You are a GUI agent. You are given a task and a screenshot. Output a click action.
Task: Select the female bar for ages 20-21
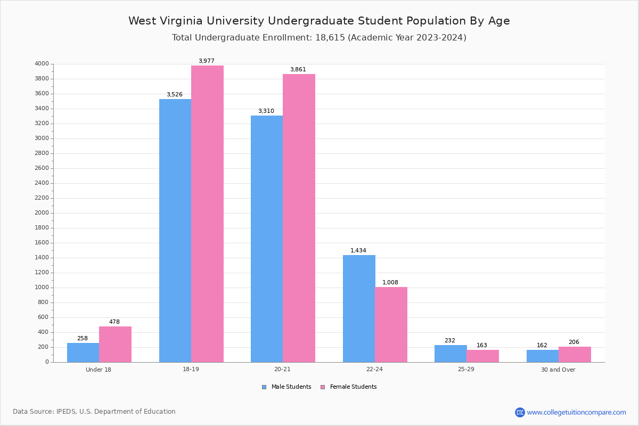(x=299, y=218)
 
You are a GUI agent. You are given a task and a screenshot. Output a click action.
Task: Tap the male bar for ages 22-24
(x=359, y=308)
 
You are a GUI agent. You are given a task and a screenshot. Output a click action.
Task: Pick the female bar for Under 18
(x=115, y=344)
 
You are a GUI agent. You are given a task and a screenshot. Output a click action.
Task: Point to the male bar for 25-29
(x=450, y=354)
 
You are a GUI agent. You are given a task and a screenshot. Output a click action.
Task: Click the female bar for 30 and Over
(x=575, y=354)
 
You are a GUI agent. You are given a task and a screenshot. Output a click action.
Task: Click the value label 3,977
(x=207, y=61)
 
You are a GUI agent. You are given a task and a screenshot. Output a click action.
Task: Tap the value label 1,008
(x=390, y=282)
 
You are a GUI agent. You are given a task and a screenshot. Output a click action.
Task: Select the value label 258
(x=83, y=338)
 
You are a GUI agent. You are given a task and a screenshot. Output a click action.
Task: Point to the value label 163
(x=482, y=345)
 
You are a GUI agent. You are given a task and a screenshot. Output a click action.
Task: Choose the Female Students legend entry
(x=349, y=387)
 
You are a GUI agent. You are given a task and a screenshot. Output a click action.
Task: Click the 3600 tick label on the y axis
(x=42, y=94)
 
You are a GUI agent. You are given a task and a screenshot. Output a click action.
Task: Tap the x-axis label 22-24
(x=374, y=370)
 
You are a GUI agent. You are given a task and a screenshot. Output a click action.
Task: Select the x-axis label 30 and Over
(x=558, y=370)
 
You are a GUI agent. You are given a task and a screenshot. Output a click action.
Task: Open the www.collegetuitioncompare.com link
(x=576, y=412)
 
